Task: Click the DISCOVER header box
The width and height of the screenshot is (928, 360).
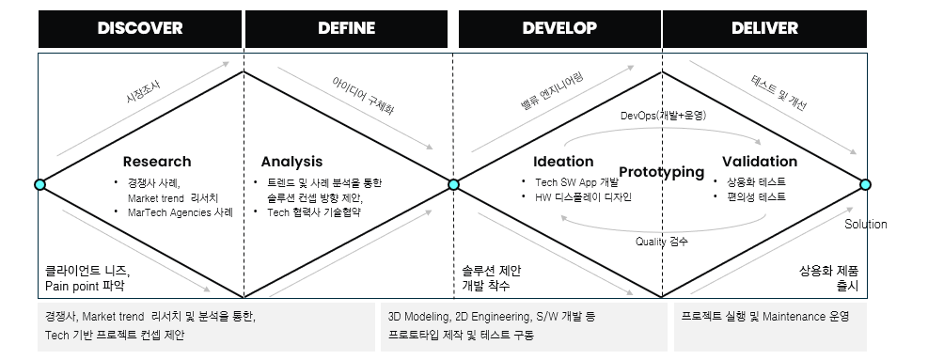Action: click(x=140, y=28)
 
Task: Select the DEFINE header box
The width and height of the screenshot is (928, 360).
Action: click(x=346, y=28)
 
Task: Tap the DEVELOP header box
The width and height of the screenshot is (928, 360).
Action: click(x=559, y=28)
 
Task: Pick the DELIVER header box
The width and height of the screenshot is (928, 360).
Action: click(x=764, y=28)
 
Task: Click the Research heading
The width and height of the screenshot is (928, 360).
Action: click(x=156, y=162)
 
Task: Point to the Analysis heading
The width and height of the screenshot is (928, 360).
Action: click(x=291, y=162)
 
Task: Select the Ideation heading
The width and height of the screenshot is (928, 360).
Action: click(x=563, y=162)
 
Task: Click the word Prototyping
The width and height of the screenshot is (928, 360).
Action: click(x=662, y=172)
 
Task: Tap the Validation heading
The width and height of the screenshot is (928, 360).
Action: click(x=759, y=162)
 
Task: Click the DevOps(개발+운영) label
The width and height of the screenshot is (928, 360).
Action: click(x=663, y=115)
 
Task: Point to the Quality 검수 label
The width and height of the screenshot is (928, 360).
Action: click(x=661, y=242)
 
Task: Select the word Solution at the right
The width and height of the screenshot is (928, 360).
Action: click(x=865, y=225)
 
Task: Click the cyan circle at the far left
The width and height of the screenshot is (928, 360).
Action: click(x=39, y=184)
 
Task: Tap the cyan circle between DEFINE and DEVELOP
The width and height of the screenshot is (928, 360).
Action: click(x=453, y=184)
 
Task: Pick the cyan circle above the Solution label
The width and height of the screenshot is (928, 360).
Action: click(x=865, y=184)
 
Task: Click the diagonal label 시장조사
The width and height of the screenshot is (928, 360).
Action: click(x=143, y=91)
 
